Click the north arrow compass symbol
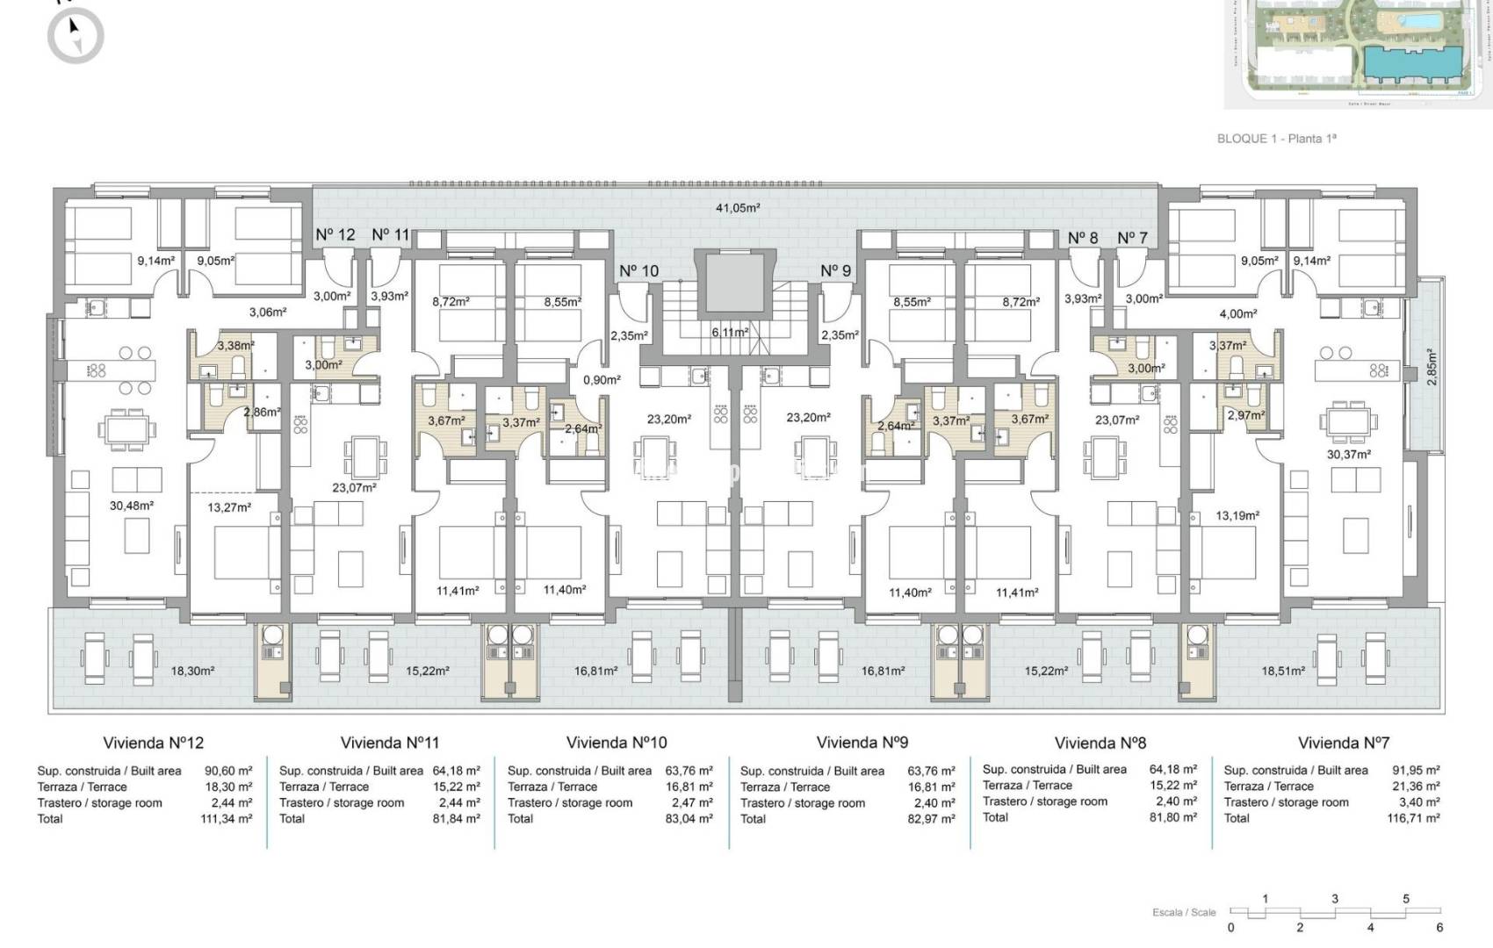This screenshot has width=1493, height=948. (x=76, y=35)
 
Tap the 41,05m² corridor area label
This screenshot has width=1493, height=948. (x=737, y=208)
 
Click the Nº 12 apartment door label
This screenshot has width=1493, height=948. (x=335, y=234)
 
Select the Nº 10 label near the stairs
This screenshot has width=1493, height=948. (x=638, y=271)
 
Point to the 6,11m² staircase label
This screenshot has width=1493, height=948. (x=730, y=333)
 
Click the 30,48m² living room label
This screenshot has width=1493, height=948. (x=132, y=506)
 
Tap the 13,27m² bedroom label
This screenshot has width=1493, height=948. (x=229, y=507)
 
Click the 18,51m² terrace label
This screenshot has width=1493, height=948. (x=1284, y=671)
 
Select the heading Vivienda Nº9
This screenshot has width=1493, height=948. (x=862, y=743)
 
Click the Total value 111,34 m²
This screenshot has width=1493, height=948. (x=227, y=819)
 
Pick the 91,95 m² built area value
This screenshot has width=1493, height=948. (x=1416, y=771)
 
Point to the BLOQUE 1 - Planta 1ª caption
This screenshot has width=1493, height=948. (x=1276, y=139)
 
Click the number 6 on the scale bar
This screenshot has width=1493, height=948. (x=1439, y=927)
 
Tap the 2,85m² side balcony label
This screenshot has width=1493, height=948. (x=1431, y=367)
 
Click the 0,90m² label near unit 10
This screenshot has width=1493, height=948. (x=602, y=380)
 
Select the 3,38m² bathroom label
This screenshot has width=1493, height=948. (x=235, y=346)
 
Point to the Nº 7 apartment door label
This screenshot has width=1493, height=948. (x=1132, y=238)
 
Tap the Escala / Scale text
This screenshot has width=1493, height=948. (x=1184, y=913)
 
